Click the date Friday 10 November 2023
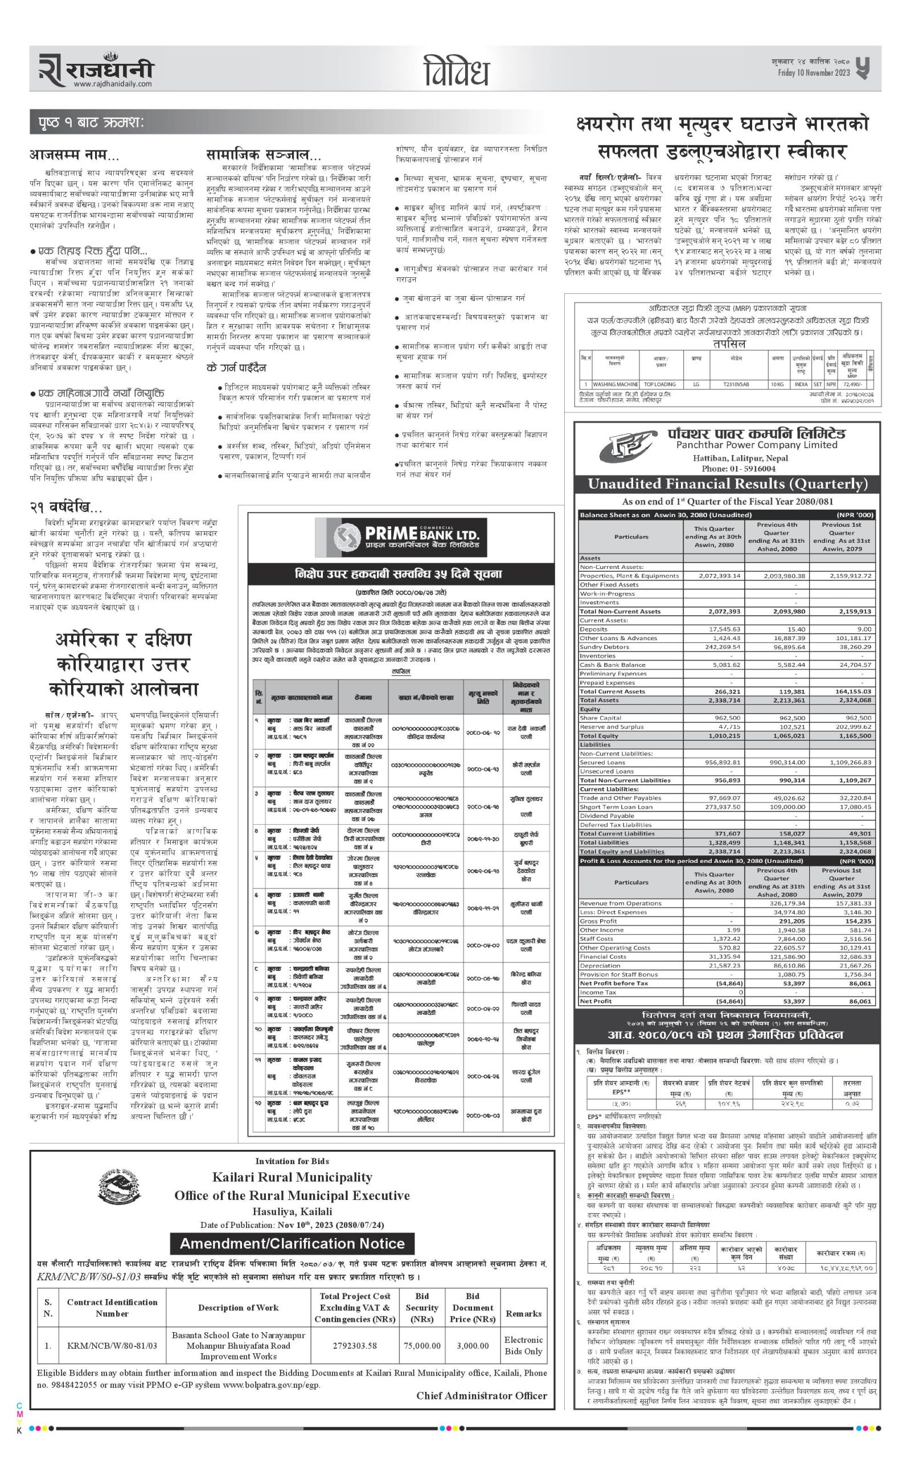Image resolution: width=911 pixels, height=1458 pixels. tap(814, 73)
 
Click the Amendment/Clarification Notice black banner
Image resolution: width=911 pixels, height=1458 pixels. tap(292, 1243)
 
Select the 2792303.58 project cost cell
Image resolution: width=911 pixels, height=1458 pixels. tap(354, 1345)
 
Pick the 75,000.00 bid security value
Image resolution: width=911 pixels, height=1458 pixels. tap(422, 1345)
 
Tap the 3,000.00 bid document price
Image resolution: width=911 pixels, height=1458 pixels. tap(473, 1345)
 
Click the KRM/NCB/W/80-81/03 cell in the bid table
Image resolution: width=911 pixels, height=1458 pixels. tap(112, 1345)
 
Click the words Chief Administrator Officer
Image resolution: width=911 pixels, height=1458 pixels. tap(482, 1395)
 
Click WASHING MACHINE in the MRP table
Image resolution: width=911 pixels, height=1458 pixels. tap(614, 384)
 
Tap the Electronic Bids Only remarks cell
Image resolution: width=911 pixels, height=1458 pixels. tap(523, 1345)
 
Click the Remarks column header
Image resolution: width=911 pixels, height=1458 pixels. tap(523, 1313)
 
